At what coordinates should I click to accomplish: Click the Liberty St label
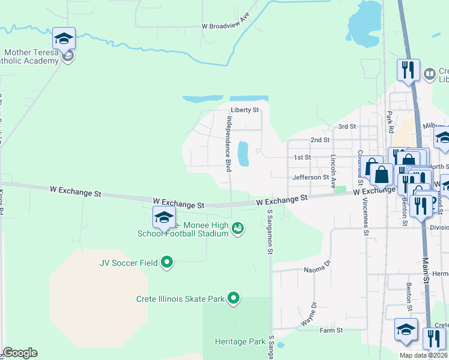pyautogui.click(x=244, y=110)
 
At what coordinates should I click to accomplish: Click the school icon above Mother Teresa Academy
pyautogui.click(x=64, y=40)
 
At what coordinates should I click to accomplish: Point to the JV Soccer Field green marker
pyautogui.click(x=167, y=262)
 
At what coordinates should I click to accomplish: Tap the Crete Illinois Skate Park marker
pyautogui.click(x=234, y=298)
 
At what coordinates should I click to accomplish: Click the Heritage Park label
pyautogui.click(x=240, y=341)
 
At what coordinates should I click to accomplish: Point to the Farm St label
pyautogui.click(x=331, y=330)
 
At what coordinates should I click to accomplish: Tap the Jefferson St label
pyautogui.click(x=310, y=177)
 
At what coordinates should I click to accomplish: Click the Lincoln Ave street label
pyautogui.click(x=334, y=171)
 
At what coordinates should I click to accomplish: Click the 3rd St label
pyautogui.click(x=347, y=127)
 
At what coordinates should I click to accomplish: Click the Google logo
pyautogui.click(x=20, y=353)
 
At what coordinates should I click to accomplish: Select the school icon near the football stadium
pyautogui.click(x=163, y=218)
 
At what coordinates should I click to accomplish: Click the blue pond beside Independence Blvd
pyautogui.click(x=243, y=154)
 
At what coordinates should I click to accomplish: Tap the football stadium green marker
pyautogui.click(x=238, y=228)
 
